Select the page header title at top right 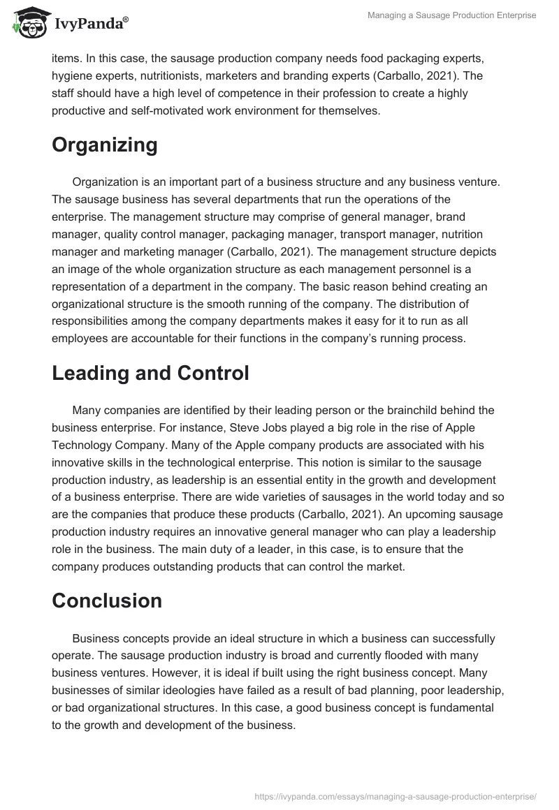click(x=451, y=15)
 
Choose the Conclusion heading click(x=107, y=601)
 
